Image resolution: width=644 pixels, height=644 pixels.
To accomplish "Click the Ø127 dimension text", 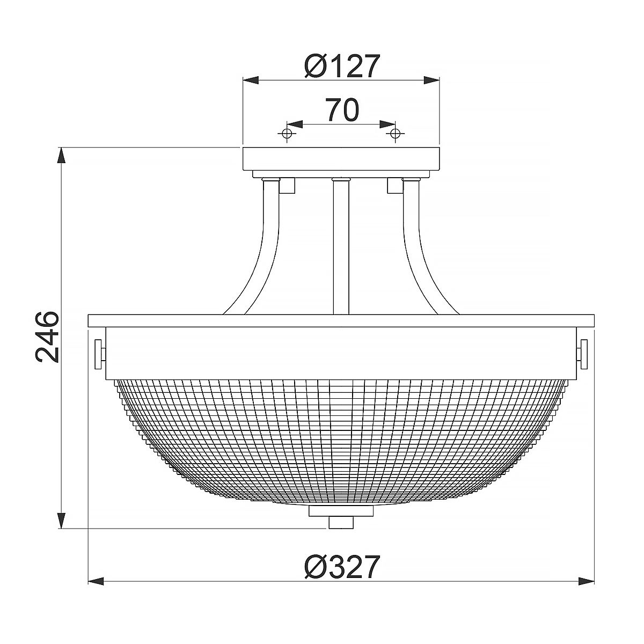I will [x=342, y=67].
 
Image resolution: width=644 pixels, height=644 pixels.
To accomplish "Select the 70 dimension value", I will [x=342, y=109].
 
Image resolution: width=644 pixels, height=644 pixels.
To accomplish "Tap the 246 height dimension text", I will [x=47, y=337].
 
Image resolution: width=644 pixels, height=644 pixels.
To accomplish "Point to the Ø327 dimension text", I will [x=342, y=567].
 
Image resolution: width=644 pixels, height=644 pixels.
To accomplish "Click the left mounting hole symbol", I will [x=288, y=133].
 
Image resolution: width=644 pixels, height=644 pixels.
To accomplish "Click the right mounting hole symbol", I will [x=396, y=133].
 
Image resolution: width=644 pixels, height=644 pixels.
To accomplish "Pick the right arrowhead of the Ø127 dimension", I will [x=433, y=80].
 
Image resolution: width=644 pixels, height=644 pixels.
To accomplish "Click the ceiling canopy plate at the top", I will [x=342, y=158].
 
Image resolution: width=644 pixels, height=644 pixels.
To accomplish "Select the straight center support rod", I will [x=342, y=247].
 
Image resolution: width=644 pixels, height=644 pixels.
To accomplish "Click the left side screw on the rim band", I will [x=99, y=354].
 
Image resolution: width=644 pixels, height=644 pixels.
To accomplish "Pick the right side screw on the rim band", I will [x=583, y=354].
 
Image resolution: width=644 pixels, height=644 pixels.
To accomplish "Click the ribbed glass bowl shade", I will [x=342, y=440].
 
